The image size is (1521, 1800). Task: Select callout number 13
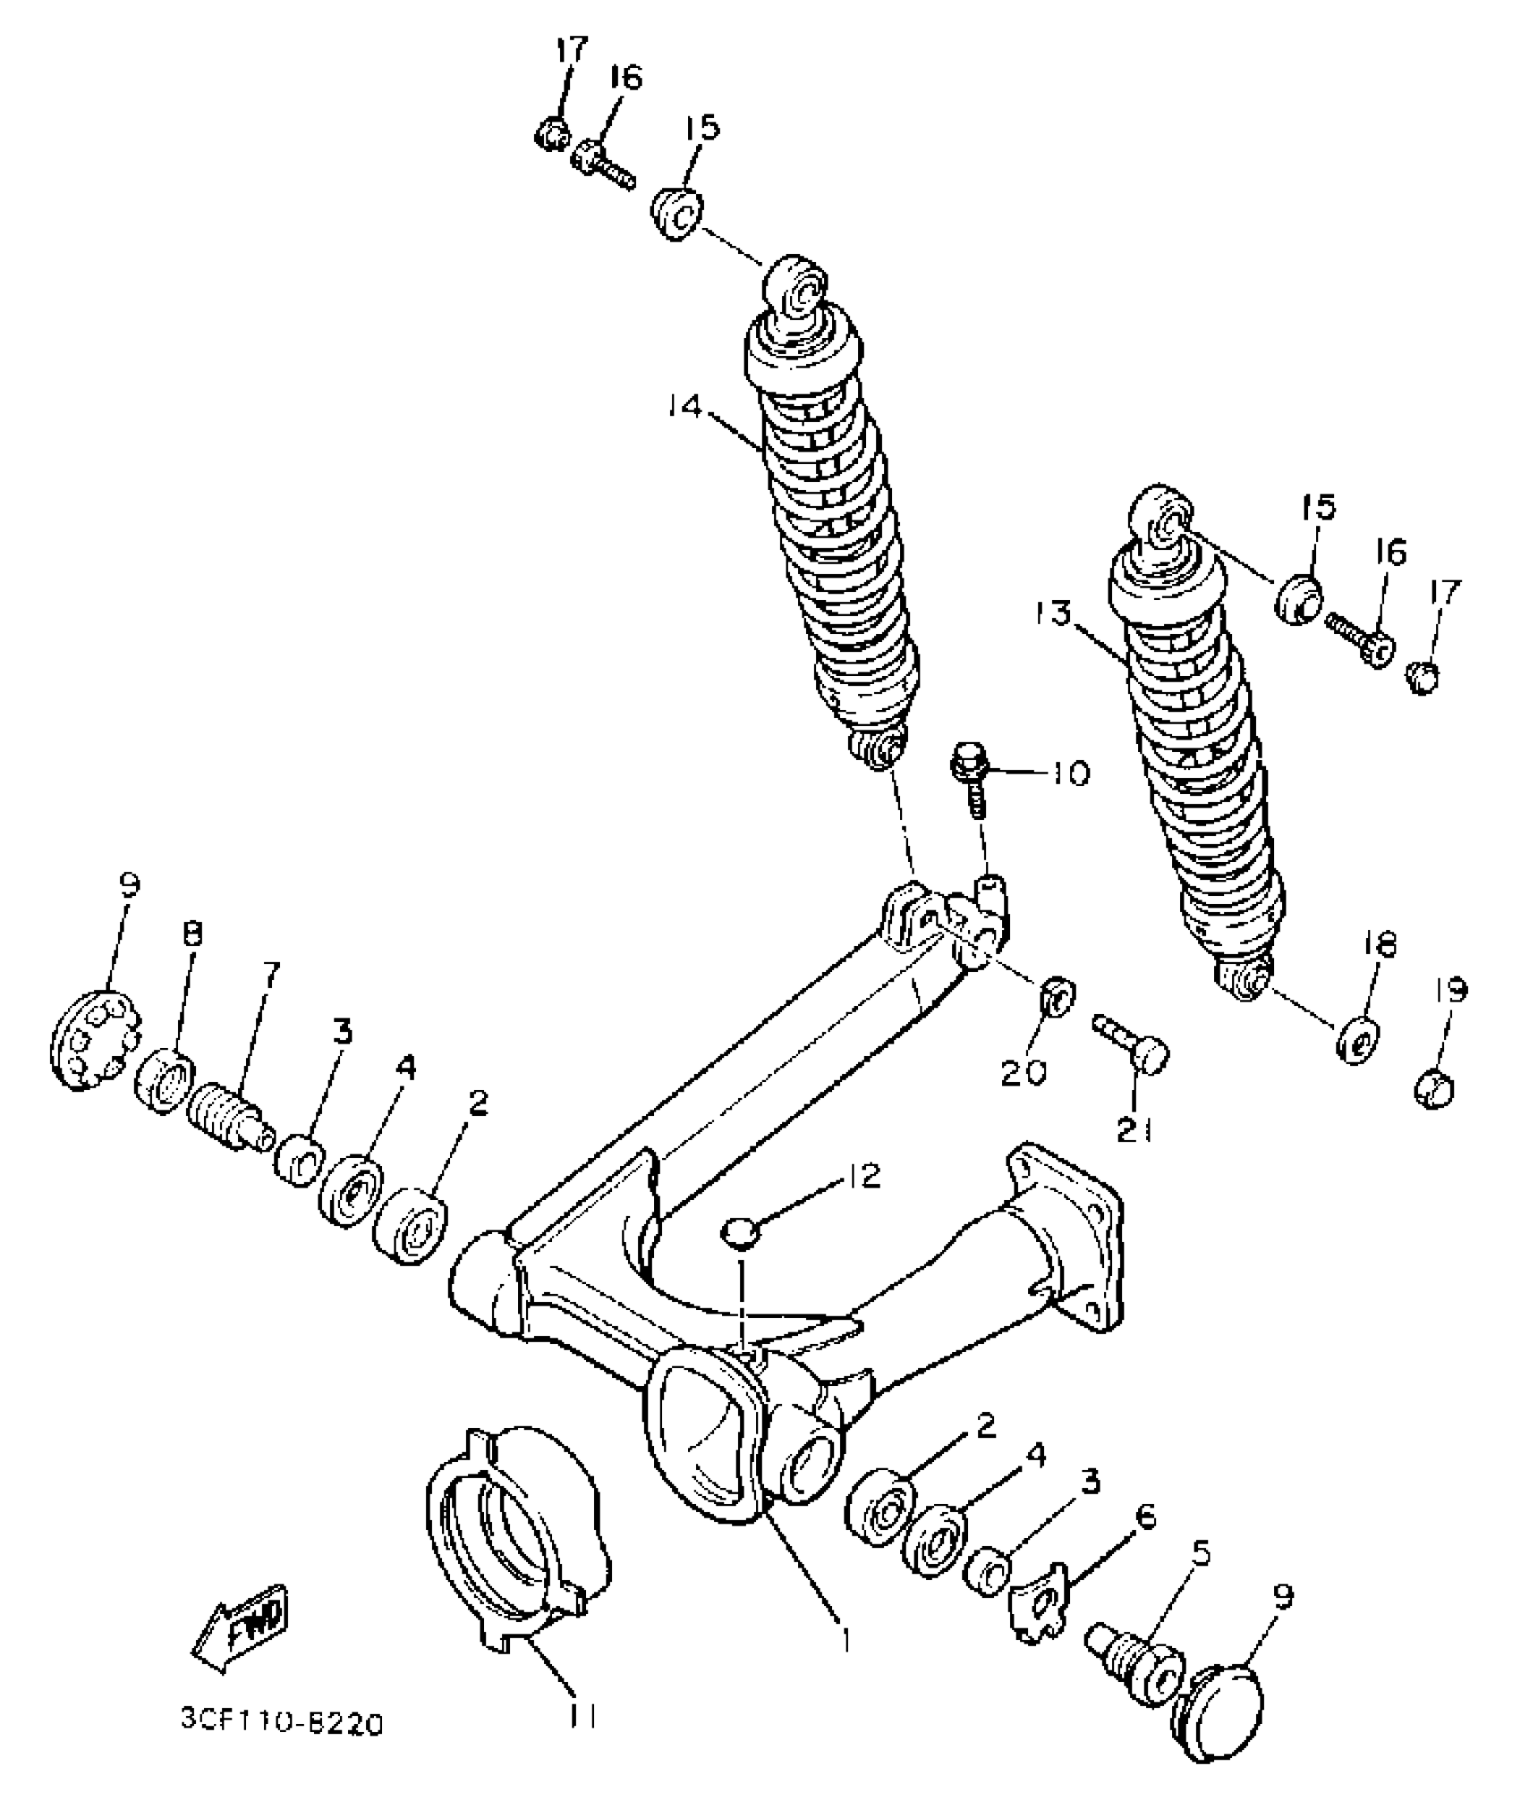pos(1057,615)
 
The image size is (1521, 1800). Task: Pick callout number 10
pos(1068,772)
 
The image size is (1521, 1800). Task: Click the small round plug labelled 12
pos(740,1235)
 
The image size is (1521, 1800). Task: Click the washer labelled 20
pos(1058,996)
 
